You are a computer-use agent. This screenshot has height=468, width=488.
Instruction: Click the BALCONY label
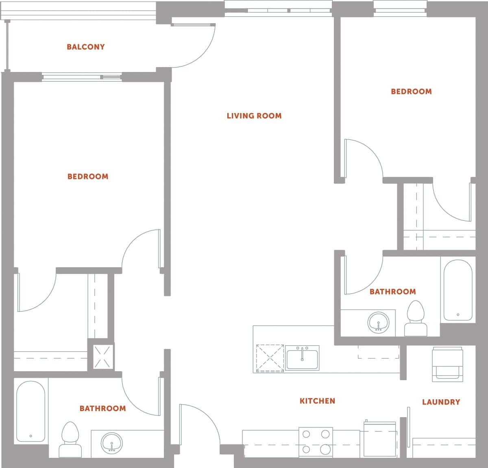(x=86, y=47)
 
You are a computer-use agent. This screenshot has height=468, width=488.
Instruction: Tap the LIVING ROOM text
(x=254, y=116)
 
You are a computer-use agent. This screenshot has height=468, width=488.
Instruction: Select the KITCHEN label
(x=317, y=401)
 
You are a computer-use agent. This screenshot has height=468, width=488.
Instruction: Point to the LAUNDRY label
(x=441, y=402)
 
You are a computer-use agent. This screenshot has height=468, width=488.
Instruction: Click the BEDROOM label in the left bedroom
(x=88, y=176)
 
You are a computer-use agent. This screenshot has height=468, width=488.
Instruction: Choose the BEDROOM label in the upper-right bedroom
(x=411, y=91)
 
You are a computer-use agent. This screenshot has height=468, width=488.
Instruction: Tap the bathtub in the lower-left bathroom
(x=30, y=411)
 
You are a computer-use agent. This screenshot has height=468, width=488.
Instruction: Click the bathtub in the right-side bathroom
(x=458, y=290)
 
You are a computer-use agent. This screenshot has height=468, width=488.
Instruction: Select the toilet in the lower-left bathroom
(x=70, y=439)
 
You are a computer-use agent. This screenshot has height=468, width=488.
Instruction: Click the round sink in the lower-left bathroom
(x=111, y=442)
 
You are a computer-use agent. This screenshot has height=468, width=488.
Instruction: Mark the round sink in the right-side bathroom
(x=378, y=322)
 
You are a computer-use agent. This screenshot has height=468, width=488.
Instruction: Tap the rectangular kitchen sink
(x=302, y=357)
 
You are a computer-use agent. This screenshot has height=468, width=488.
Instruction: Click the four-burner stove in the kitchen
(x=316, y=442)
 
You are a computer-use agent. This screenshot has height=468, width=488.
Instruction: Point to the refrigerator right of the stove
(x=380, y=439)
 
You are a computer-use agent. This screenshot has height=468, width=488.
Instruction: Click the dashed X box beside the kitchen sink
(x=270, y=358)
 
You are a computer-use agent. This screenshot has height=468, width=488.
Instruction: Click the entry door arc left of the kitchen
(x=199, y=423)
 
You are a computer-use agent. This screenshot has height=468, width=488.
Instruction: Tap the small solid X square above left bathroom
(x=101, y=356)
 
